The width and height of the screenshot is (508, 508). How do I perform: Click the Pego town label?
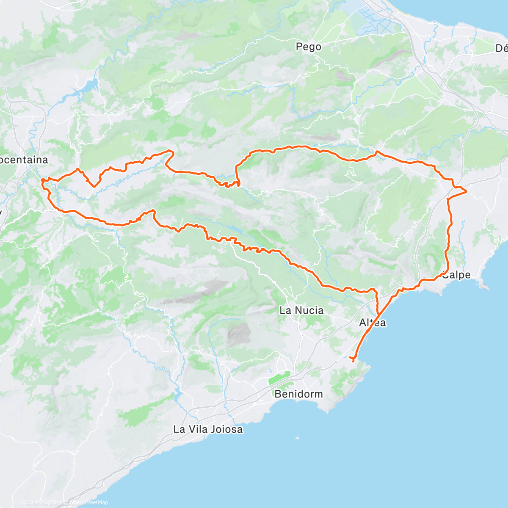tap(309, 47)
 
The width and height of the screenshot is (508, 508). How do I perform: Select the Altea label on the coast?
tap(373, 323)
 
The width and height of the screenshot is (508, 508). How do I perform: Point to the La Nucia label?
tap(301, 310)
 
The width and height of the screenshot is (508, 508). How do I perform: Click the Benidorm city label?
tap(298, 394)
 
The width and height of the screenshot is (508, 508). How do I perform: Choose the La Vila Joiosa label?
tap(208, 429)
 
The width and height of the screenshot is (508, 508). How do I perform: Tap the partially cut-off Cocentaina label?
tap(24, 160)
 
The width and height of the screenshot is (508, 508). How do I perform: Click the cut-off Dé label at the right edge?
tap(501, 49)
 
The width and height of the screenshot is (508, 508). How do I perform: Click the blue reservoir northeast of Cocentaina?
tap(91, 86)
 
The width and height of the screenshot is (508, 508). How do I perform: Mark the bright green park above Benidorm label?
tap(280, 378)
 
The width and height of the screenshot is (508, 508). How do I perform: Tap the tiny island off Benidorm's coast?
tap(298, 438)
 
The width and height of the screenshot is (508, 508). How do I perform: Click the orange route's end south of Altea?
tap(353, 361)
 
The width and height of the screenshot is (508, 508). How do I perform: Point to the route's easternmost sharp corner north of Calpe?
tap(466, 192)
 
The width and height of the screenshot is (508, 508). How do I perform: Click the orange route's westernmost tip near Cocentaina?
tap(42, 181)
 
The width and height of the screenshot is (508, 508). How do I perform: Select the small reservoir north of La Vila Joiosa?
tap(178, 396)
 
